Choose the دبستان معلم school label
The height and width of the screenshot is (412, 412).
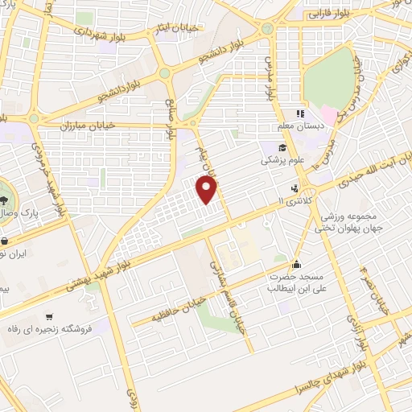pyautogui.click(x=309, y=126)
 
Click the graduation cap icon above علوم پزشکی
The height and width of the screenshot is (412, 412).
pyautogui.click(x=283, y=147)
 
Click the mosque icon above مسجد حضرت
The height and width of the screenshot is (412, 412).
pyautogui.click(x=297, y=263)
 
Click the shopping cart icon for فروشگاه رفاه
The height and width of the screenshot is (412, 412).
pyautogui.click(x=51, y=316)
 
